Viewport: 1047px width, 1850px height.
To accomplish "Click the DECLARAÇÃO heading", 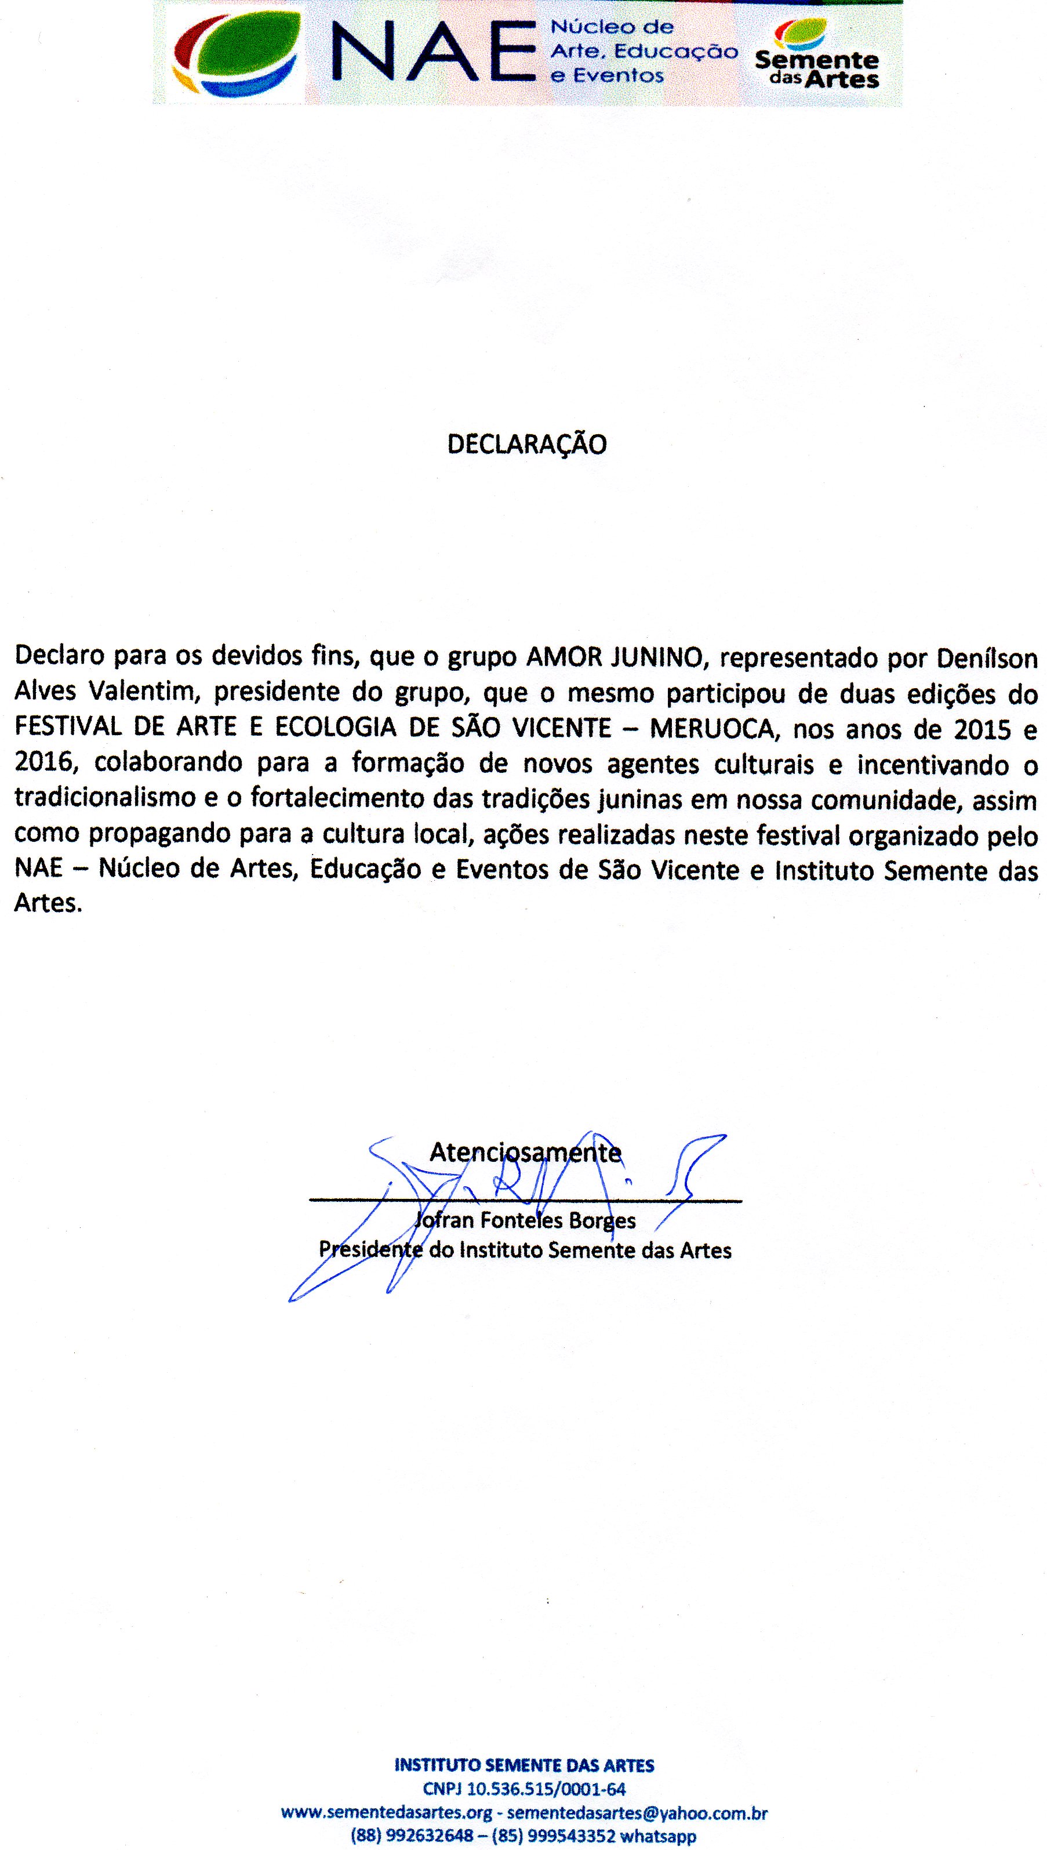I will point(526,444).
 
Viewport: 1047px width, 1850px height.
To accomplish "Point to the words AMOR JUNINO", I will point(613,657).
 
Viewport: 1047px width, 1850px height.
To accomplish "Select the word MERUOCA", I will point(712,728).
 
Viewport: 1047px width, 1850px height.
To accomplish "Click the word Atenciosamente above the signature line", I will point(525,1153).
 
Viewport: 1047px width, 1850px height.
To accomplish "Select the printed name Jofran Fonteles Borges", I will point(525,1221).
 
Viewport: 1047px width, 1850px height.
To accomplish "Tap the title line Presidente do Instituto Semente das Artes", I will point(525,1251).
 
